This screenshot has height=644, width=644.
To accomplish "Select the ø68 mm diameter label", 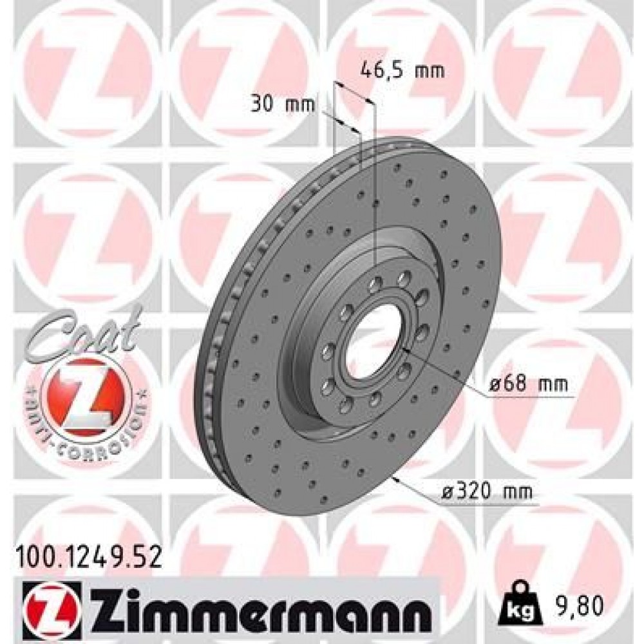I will click(x=528, y=384).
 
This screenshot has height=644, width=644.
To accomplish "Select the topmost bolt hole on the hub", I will click(x=404, y=278).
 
